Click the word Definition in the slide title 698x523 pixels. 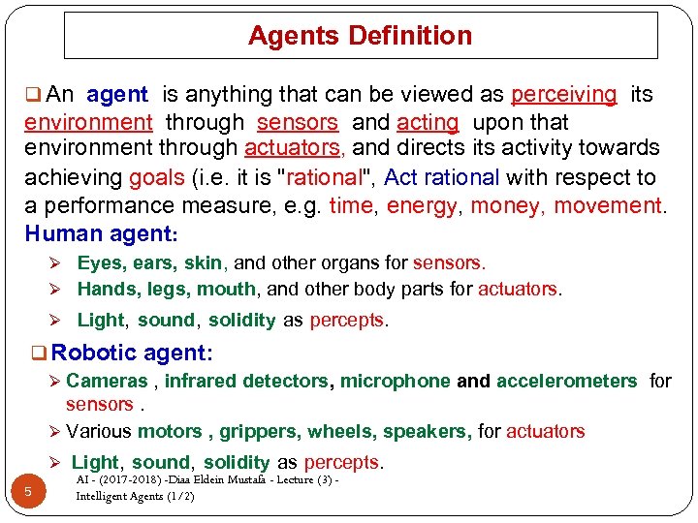click(411, 37)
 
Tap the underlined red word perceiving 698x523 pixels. click(563, 95)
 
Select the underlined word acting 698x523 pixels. click(427, 123)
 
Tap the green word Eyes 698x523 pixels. click(100, 262)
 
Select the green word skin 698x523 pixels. click(203, 262)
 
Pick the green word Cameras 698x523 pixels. click(107, 381)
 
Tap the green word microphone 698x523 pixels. click(395, 381)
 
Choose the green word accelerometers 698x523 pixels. click(566, 381)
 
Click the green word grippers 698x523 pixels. click(256, 431)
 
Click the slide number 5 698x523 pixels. click(28, 492)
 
